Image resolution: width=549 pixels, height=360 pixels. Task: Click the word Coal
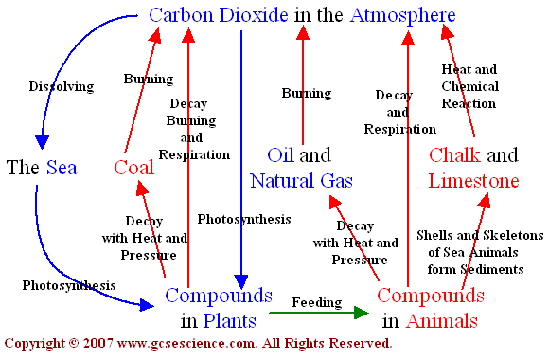pos(133,169)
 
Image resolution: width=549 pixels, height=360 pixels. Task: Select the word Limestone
pos(473,179)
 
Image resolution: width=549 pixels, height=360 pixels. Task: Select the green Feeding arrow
pos(317,311)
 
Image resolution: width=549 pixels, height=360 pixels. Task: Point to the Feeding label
pos(318,302)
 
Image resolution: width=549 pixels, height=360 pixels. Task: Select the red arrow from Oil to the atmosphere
pos(303,85)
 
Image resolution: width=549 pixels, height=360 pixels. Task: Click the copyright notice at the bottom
pos(199,342)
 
